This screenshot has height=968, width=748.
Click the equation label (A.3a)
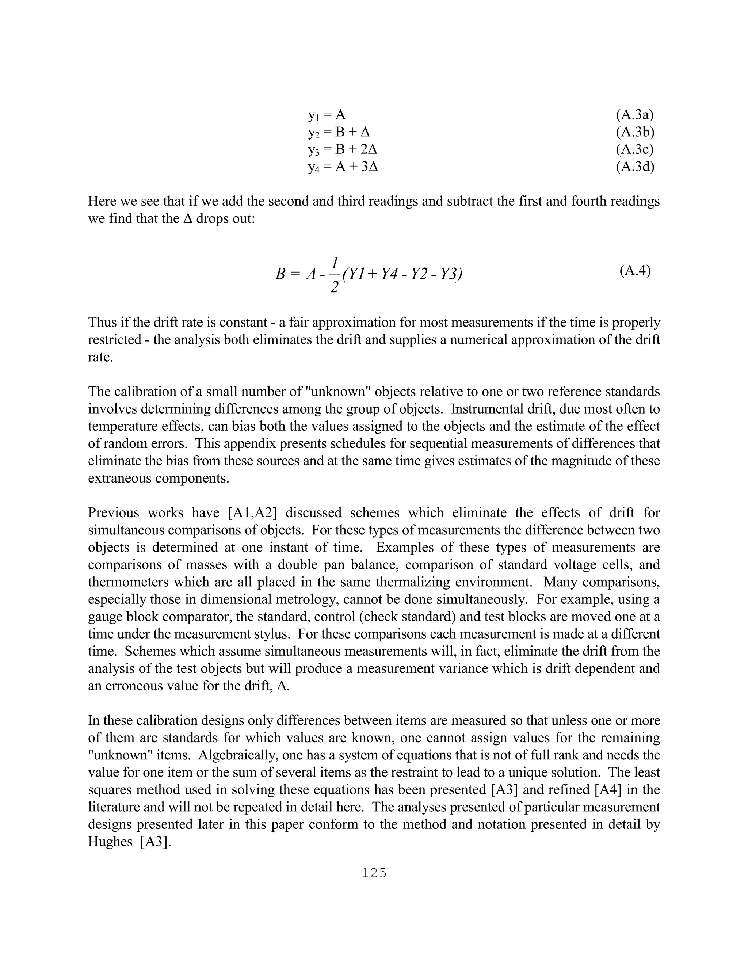(634, 115)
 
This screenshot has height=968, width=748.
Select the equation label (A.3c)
(634, 150)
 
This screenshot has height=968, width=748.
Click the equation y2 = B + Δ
(339, 133)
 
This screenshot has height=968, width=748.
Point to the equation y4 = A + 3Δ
(343, 167)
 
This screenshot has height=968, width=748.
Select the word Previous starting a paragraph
(114, 513)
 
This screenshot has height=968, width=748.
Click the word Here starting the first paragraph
(102, 202)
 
